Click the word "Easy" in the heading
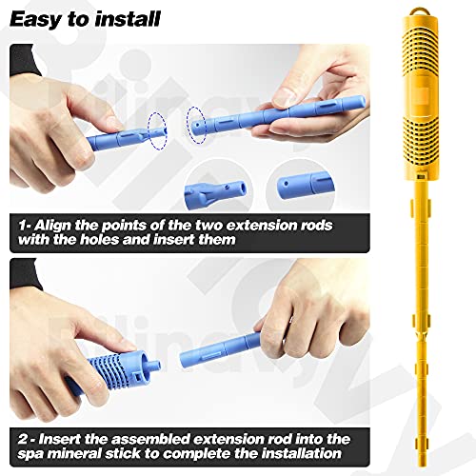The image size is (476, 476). point(35,19)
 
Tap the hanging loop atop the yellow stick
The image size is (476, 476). point(420,12)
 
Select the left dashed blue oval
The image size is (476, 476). point(157,130)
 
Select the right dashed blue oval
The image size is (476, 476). point(196,125)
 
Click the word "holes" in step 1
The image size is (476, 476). point(99,240)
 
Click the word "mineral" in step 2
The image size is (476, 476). point(77,453)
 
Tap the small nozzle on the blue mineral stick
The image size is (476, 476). point(153,365)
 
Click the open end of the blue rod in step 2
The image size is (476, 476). point(184,358)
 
